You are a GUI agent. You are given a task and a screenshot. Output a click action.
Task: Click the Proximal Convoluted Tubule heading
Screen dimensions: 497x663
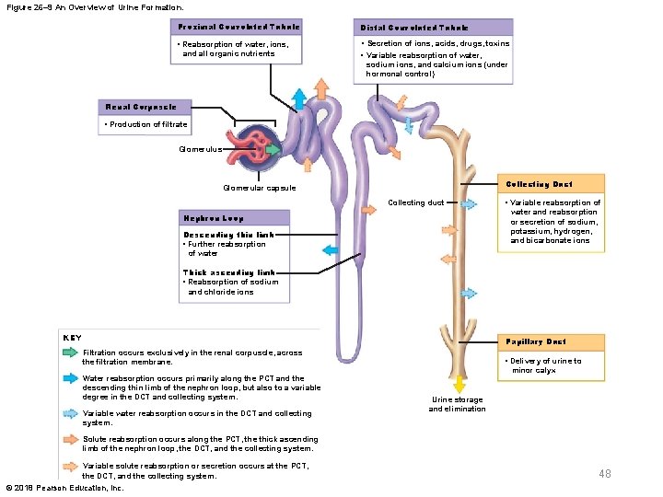[238, 27]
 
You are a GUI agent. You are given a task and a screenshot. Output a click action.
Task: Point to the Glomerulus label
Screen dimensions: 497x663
[199, 147]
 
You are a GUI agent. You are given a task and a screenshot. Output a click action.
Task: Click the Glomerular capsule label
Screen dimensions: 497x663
[260, 188]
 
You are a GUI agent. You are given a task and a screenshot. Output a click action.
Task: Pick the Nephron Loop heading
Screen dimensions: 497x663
[214, 219]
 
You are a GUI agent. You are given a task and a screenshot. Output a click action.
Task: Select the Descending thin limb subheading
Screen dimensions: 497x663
[228, 235]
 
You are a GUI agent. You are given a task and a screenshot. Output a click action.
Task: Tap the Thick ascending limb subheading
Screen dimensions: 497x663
[228, 272]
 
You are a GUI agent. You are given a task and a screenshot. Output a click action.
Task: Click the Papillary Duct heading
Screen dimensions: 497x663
[536, 341]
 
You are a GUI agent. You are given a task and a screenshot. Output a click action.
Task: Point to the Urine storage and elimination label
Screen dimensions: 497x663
[457, 404]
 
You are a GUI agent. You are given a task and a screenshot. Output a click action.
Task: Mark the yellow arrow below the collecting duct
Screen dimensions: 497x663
[458, 382]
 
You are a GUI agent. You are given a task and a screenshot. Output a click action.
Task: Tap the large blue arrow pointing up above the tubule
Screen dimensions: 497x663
[298, 98]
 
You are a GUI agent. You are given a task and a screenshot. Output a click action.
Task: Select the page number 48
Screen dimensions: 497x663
[604, 473]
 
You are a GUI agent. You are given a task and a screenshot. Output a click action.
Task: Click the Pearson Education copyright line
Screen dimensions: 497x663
[64, 488]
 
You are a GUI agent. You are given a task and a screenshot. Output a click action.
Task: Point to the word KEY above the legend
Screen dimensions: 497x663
[71, 337]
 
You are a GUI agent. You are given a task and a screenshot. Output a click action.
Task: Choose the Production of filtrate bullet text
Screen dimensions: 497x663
[147, 124]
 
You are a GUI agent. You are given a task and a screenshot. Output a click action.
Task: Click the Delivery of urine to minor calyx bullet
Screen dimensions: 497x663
[546, 365]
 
